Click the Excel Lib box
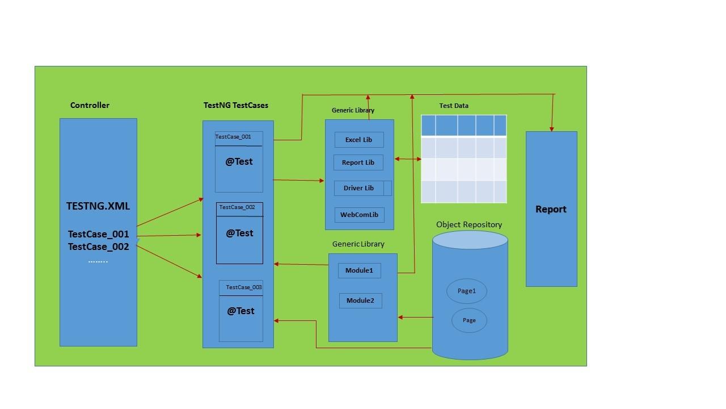359,140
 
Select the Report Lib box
358,162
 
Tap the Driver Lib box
358,188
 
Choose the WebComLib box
359,215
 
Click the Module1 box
359,270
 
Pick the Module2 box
360,301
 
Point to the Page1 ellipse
466,291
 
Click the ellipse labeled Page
469,320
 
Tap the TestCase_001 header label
233,137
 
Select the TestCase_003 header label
244,287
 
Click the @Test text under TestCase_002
239,233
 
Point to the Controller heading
90,105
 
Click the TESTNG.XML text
98,206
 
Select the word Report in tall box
551,209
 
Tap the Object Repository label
469,224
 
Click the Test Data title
454,106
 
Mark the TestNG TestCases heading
236,105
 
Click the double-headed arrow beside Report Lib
408,159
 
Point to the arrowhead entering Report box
552,129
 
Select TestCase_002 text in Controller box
99,247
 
